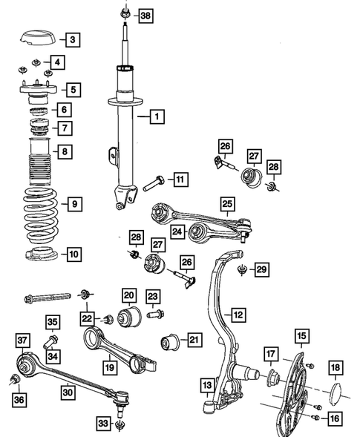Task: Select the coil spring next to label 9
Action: [x=41, y=211]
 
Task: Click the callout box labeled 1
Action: [x=156, y=116]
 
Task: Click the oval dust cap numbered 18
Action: [x=336, y=390]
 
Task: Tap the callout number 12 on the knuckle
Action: [x=238, y=315]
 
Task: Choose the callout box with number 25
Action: [x=226, y=202]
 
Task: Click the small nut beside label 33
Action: [x=121, y=424]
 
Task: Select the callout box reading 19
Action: [x=109, y=365]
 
